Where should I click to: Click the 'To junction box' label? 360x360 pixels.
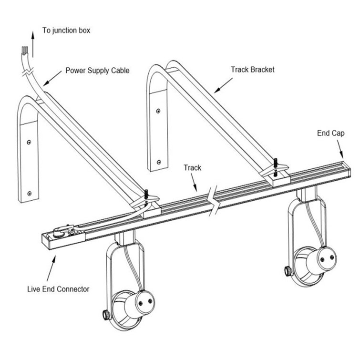point(66,31)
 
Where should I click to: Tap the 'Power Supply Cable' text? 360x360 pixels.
point(97,71)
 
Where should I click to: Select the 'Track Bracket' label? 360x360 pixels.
point(252,70)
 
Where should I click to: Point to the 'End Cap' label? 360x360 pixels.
point(330,134)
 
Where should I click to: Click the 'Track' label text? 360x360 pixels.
point(193,168)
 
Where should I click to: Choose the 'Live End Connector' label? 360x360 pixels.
point(58,289)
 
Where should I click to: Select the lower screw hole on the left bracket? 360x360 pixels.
point(30,193)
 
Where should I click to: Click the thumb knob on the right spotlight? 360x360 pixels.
point(289,272)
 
